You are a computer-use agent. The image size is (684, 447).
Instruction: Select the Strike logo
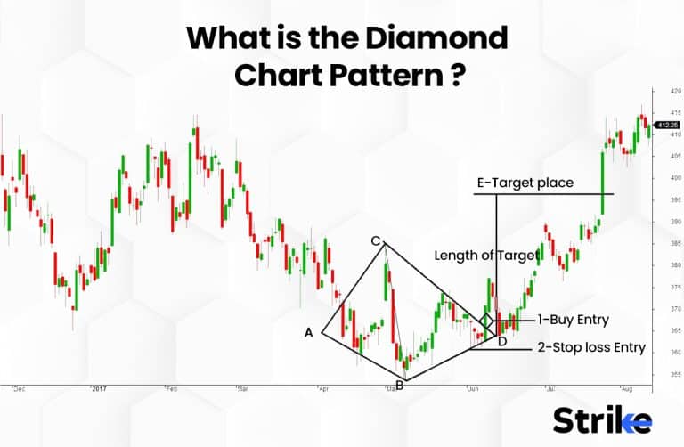[602, 419]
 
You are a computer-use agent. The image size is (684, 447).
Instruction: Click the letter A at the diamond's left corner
[309, 332]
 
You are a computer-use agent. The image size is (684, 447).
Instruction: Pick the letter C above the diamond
[376, 241]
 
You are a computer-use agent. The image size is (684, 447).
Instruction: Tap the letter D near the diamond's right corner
[502, 341]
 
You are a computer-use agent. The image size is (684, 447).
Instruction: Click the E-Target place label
[525, 184]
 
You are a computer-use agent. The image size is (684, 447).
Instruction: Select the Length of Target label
[486, 256]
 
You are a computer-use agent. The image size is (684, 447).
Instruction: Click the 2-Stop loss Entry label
[590, 347]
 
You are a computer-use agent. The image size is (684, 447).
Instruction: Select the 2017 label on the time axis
[99, 389]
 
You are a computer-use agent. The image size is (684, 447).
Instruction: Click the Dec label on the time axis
[19, 389]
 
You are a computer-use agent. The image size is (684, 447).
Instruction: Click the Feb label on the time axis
[171, 389]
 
